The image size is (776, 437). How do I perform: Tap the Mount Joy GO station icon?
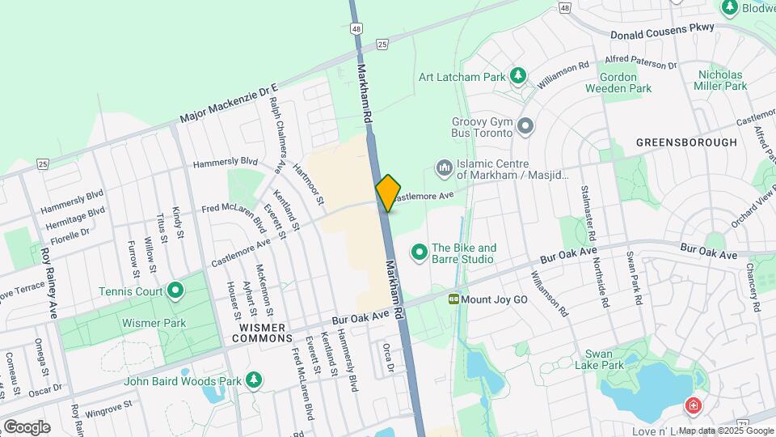(x=454, y=299)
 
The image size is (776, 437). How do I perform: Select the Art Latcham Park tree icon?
(x=518, y=77)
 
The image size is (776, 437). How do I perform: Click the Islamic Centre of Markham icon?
(x=444, y=168)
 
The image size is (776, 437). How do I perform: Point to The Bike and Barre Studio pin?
(x=420, y=253)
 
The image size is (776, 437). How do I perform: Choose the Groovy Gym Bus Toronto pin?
(x=526, y=126)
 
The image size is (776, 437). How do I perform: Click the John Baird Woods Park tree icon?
(x=255, y=380)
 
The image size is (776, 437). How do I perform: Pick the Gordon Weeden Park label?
(x=625, y=83)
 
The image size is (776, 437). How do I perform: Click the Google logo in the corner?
(x=27, y=426)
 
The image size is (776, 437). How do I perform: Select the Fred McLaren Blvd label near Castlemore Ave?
(x=235, y=218)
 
